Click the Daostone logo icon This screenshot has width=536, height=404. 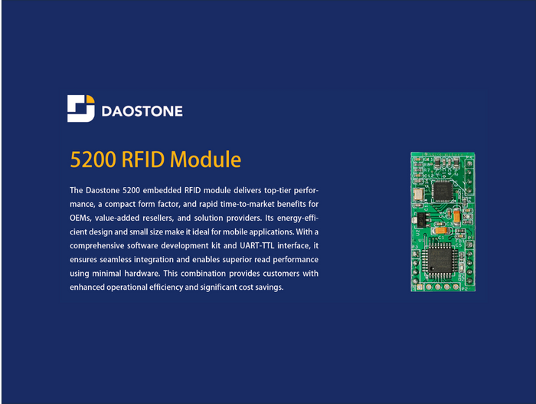[80, 109]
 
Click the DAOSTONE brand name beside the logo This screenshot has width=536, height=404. [142, 111]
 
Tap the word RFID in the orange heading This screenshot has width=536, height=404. [143, 159]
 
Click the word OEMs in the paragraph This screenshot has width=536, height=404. [80, 217]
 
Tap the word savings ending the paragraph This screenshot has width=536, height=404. [267, 287]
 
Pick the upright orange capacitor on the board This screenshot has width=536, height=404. [456, 216]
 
